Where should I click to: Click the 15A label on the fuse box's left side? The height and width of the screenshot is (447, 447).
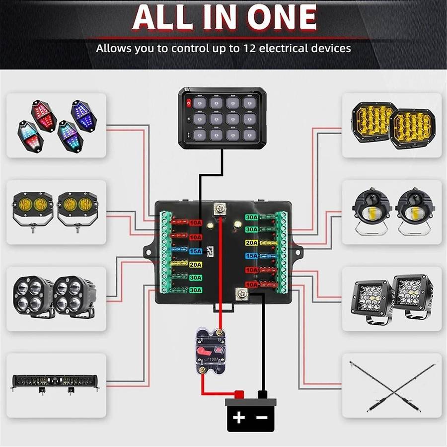196,252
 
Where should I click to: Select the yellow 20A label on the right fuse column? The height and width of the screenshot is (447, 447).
251,243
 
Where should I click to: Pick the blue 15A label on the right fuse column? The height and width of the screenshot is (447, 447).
251,256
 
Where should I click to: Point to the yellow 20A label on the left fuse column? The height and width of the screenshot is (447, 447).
196,264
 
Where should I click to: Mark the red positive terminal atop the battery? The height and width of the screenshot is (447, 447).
238,395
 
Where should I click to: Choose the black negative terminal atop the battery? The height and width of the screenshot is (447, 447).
262,395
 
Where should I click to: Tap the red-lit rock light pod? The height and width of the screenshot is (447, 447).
44,115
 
